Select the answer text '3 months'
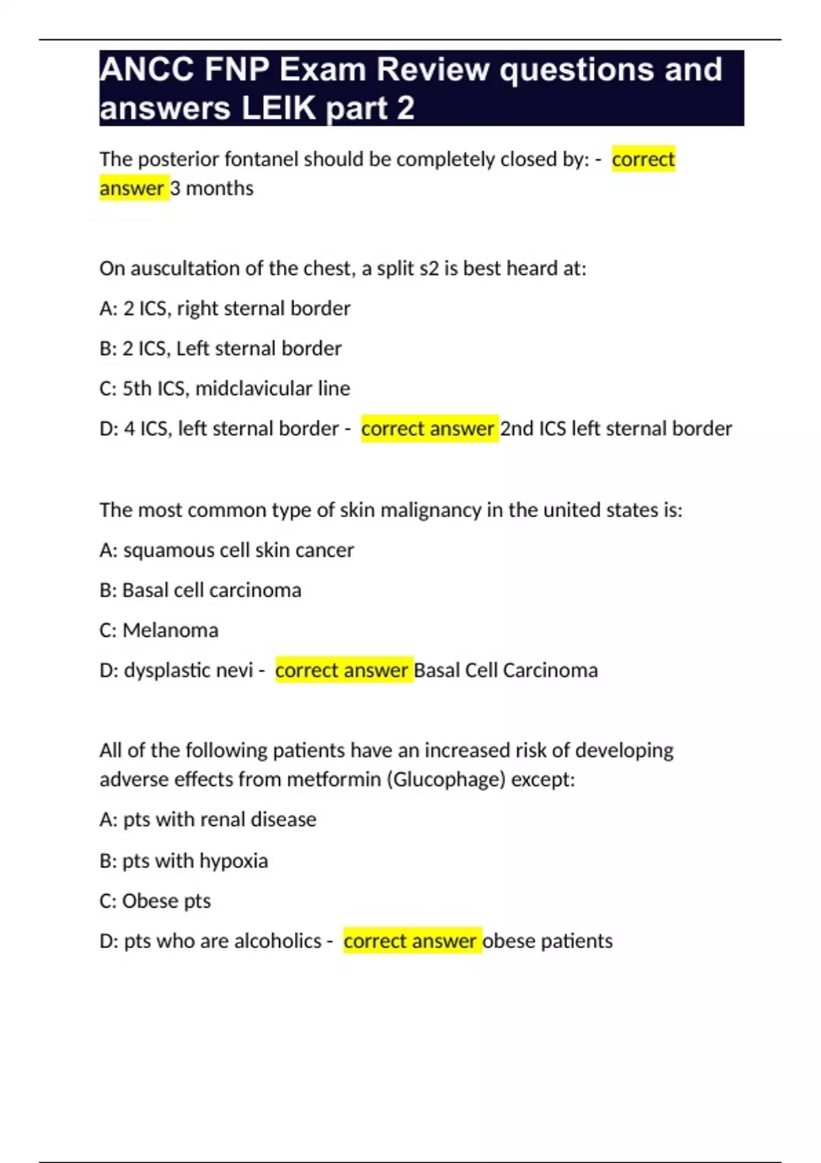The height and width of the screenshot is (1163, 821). tap(211, 188)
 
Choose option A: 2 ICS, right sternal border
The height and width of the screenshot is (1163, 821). tap(224, 309)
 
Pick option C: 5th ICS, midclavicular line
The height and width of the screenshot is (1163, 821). tap(224, 389)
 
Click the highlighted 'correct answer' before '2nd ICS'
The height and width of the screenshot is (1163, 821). tap(428, 429)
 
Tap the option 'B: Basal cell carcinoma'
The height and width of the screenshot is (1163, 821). tap(200, 590)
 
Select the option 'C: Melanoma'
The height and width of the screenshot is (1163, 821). tap(159, 630)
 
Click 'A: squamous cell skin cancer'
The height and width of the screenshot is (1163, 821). tap(226, 550)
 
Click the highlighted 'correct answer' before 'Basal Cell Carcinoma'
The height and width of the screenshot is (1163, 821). tap(342, 670)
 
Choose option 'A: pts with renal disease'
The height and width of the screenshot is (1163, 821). tap(207, 820)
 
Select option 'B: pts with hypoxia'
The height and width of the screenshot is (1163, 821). tap(183, 861)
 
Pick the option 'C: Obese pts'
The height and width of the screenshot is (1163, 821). tap(155, 901)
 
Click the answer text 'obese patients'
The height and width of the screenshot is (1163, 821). tap(547, 941)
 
